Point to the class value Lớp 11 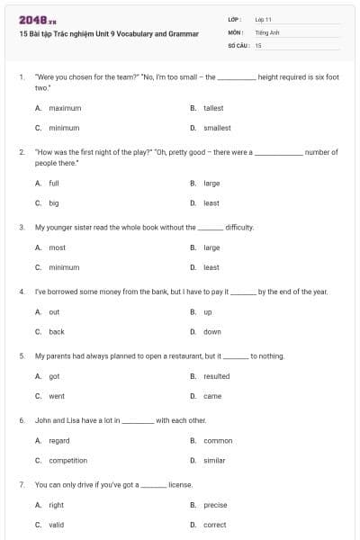[x=264, y=19]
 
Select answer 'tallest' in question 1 [x=213, y=108]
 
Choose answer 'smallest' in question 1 [x=217, y=128]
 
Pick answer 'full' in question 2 [x=54, y=183]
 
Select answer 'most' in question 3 [x=57, y=247]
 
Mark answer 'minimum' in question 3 [x=64, y=267]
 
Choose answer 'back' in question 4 [x=57, y=331]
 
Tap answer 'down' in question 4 [x=212, y=331]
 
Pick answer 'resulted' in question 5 [x=217, y=376]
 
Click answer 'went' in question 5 [x=57, y=396]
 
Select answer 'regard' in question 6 [x=59, y=441]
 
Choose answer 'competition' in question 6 [x=68, y=461]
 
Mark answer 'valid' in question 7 [x=57, y=525]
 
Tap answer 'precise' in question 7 [x=215, y=505]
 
